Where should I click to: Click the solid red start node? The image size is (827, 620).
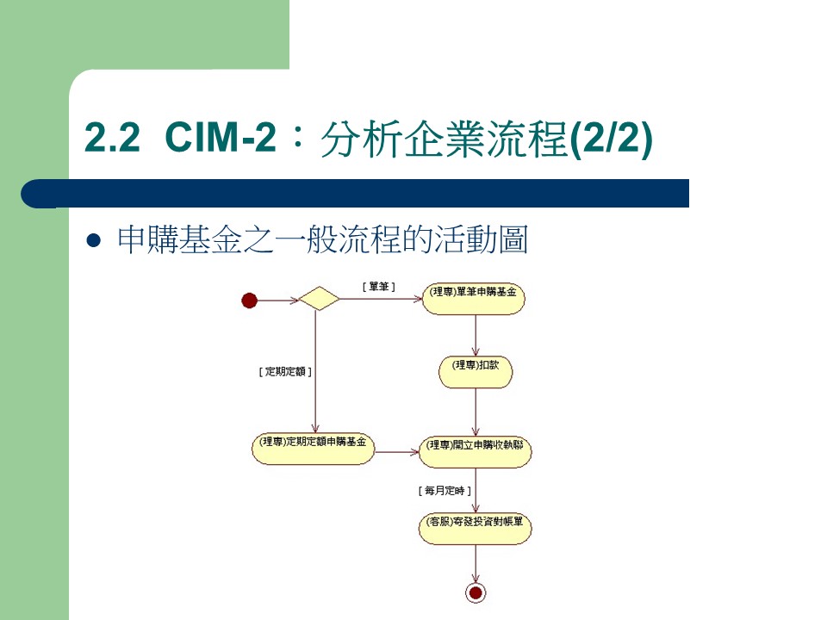click(250, 301)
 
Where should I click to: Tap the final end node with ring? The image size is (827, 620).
click(475, 592)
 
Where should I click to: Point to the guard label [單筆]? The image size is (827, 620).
click(379, 286)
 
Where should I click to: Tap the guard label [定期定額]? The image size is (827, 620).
click(284, 372)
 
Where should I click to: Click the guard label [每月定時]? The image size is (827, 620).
click(445, 490)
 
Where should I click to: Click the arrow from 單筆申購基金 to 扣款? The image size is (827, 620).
click(476, 334)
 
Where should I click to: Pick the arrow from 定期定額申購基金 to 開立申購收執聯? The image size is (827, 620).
click(397, 450)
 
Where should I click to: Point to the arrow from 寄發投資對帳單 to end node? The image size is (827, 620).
click(475, 563)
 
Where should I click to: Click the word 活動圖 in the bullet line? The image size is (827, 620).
click(487, 241)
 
